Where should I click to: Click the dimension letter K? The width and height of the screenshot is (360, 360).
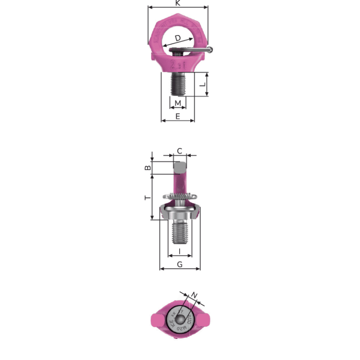click(x=178, y=3)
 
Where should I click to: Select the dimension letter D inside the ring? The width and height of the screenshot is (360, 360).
click(x=178, y=38)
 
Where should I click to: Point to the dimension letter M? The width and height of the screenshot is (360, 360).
click(x=178, y=103)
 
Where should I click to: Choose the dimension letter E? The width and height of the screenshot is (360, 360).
click(x=178, y=116)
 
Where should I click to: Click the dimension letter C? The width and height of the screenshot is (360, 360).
click(x=180, y=151)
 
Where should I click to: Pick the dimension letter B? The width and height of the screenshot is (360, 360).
click(x=147, y=168)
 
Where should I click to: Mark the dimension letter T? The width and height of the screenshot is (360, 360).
click(x=147, y=198)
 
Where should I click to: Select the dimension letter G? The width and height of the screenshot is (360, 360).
click(x=180, y=264)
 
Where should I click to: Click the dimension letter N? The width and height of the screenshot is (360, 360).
click(x=195, y=295)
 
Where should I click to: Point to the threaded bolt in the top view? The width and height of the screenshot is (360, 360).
click(x=178, y=84)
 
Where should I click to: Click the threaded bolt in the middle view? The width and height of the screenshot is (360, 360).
click(x=180, y=232)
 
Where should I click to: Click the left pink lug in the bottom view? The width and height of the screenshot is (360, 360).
click(x=155, y=321)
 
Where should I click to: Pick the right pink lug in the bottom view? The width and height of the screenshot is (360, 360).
click(x=205, y=321)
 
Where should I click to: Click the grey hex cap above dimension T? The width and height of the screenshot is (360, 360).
click(x=180, y=167)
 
